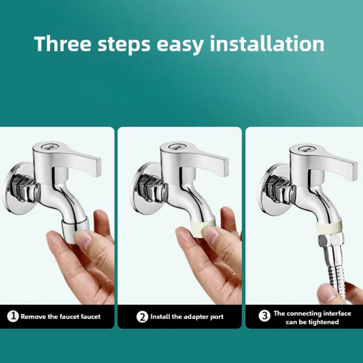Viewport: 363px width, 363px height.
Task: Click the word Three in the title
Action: point(63,44)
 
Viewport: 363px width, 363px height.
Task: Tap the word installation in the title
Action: point(267,44)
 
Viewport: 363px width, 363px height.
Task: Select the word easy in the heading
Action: point(180,45)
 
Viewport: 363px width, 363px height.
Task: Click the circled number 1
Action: point(13,316)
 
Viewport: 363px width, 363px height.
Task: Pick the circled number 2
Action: point(142,317)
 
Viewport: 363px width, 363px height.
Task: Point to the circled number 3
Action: point(265,316)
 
